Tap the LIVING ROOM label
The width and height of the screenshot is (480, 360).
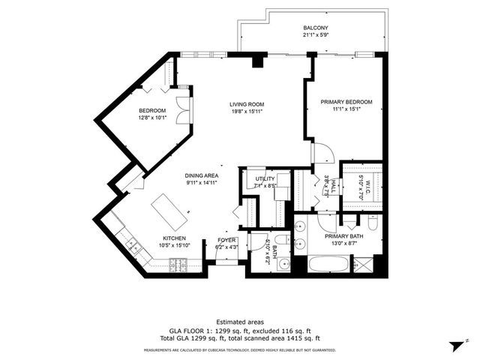coord(246,104)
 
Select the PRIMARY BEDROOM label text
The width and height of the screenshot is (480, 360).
coord(346,101)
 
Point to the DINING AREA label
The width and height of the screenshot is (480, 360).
coord(202,175)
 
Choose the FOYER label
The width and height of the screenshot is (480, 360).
coord(227,240)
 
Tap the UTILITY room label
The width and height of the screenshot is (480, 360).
coord(265,178)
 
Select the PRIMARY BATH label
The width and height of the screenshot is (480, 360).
coord(342,235)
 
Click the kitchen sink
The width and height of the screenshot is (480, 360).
coord(133,244)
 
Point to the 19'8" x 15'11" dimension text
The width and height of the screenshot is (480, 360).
coord(246,112)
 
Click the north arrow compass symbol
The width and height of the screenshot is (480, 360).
coord(453,344)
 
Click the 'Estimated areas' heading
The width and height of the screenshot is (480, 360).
coord(239,320)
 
